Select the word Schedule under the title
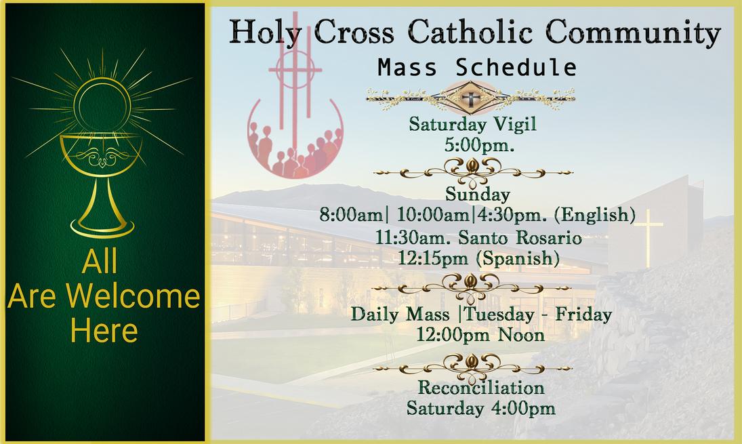pos(516,67)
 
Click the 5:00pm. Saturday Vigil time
pos(479,145)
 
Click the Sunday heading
pos(478,194)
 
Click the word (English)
pos(595,216)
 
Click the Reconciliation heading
pos(481,388)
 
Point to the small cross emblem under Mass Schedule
pos(470,99)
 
